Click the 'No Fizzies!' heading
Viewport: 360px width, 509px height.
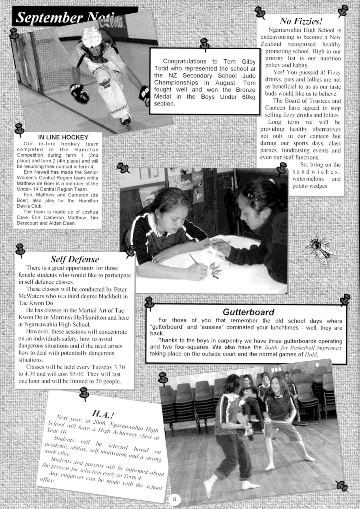[x=301, y=21]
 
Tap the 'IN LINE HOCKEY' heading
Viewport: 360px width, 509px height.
[x=63, y=137]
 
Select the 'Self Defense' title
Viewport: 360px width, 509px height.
[x=75, y=259]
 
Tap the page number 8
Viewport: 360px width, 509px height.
[x=174, y=499]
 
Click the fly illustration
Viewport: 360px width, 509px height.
[x=323, y=248]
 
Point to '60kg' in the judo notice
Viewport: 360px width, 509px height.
[x=249, y=97]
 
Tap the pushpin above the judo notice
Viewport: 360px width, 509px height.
[x=204, y=45]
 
